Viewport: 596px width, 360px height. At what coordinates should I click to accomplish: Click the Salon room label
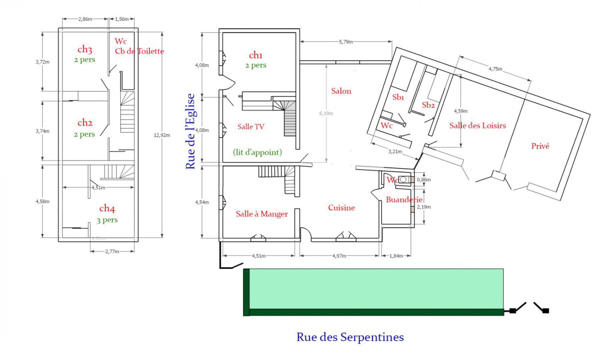(x=341, y=91)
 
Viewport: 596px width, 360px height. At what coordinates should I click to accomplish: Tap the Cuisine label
(x=341, y=207)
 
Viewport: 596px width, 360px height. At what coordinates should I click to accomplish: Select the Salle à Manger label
(x=262, y=214)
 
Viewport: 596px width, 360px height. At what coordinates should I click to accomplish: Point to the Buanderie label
(x=404, y=199)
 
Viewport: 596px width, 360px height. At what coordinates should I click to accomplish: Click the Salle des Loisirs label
(x=478, y=125)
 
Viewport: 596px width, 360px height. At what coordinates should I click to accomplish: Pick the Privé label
(x=540, y=146)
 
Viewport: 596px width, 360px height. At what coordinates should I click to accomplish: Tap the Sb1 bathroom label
(x=398, y=97)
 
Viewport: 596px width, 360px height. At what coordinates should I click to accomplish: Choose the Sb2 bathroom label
(x=428, y=105)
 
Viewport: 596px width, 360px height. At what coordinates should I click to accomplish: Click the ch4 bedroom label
(x=107, y=208)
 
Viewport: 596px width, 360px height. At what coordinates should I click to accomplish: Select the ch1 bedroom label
(x=256, y=55)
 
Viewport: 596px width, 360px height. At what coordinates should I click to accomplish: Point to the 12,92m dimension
(x=162, y=135)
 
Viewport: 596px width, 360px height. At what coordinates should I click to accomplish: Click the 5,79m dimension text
(x=346, y=42)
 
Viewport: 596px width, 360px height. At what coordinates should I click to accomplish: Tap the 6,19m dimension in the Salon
(x=326, y=113)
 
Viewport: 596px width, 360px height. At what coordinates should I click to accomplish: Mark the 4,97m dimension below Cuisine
(x=339, y=256)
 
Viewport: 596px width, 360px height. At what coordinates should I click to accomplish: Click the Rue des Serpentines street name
(x=350, y=337)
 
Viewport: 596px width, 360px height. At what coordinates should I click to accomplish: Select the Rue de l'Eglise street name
(x=190, y=131)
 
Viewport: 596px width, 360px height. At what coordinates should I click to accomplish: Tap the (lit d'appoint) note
(x=257, y=152)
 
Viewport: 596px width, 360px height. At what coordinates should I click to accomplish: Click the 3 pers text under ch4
(x=107, y=220)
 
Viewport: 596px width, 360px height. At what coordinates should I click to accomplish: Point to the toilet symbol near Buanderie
(x=403, y=180)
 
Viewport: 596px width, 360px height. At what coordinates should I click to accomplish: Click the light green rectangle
(x=376, y=289)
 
